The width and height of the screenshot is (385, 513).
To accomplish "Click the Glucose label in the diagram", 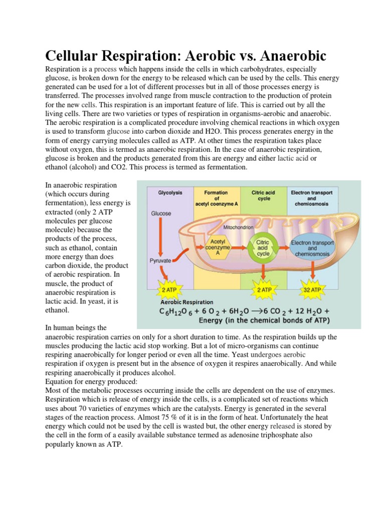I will (161, 213).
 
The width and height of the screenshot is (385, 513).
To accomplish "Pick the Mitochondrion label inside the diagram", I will (239, 227).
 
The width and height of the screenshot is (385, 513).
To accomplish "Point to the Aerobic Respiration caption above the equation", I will (186, 302).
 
